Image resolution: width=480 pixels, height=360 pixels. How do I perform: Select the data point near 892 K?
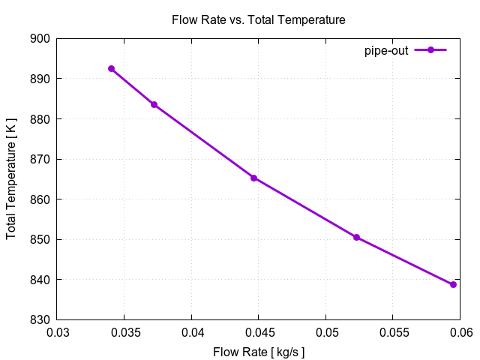coord(111,68)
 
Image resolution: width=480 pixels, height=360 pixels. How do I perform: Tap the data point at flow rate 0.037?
coord(154,104)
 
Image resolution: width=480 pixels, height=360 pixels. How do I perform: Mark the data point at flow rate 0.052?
coord(356,237)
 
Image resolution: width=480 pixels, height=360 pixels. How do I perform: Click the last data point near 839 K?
coord(453,284)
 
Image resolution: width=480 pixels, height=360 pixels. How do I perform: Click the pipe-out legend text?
coord(386,50)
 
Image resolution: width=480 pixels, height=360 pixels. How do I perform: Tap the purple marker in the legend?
coord(430,50)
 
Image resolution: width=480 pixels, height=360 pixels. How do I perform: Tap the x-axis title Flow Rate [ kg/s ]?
coord(259,351)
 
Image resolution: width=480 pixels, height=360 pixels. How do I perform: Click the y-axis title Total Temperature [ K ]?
coord(11,179)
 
